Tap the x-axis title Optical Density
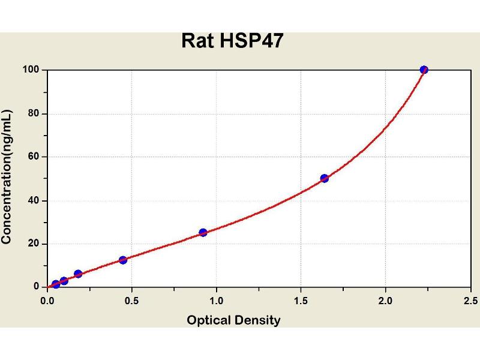click(233, 320)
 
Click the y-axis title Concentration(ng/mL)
click(7, 178)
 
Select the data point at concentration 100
click(424, 70)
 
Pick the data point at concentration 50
click(325, 178)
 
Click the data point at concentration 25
click(203, 232)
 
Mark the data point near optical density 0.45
click(123, 260)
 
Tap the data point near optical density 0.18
click(78, 274)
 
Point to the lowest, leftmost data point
click(56, 284)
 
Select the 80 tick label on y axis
click(34, 113)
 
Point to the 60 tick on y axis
click(34, 157)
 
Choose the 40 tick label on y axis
click(34, 200)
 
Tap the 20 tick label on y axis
click(34, 244)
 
